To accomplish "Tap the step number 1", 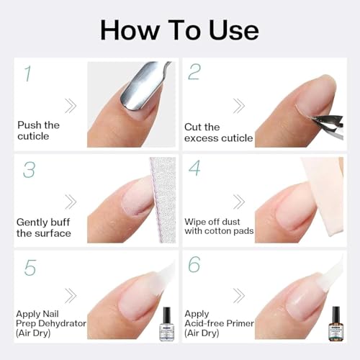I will tap(27, 74).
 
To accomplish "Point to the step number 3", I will tap(29, 169).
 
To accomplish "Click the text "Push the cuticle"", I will tap(39, 131).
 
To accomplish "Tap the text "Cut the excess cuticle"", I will tap(218, 132).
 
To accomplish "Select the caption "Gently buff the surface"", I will tap(44, 228).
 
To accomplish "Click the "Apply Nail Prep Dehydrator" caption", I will tap(51, 323).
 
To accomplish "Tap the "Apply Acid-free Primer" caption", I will tap(217, 323).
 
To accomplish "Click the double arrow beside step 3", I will tap(71, 201).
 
